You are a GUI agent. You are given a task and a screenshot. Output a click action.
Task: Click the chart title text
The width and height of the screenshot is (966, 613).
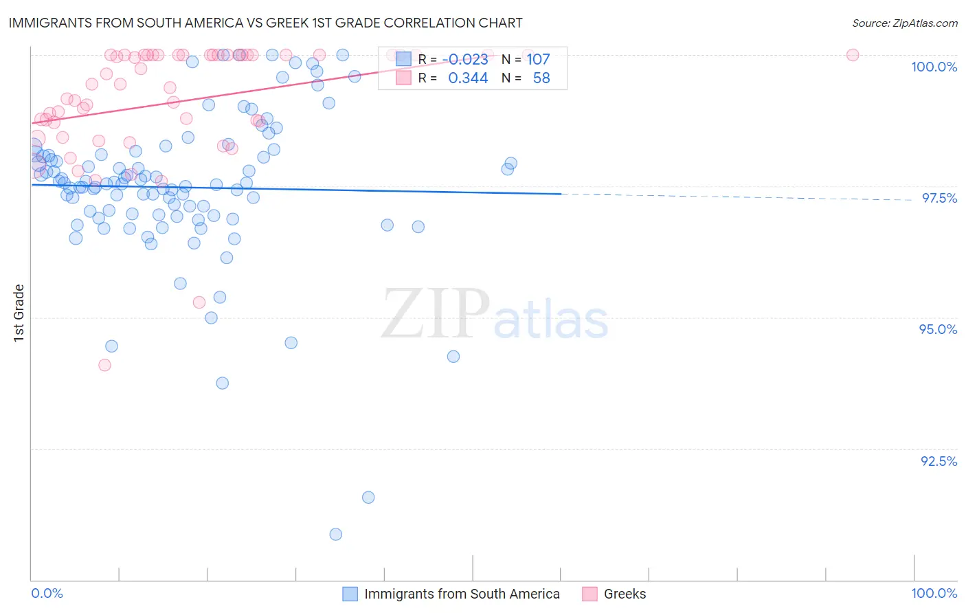tap(265, 23)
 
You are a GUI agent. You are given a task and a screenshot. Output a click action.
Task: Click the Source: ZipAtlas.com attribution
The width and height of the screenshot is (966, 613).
tap(904, 23)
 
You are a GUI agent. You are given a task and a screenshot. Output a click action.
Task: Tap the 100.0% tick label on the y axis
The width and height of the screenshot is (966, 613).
tap(934, 67)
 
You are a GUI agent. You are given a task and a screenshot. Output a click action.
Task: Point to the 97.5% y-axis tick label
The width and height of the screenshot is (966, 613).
tap(939, 198)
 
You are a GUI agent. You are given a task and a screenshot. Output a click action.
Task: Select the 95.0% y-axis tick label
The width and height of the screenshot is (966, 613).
tap(938, 329)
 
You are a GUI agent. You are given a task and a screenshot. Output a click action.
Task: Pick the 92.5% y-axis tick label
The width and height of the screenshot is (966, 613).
tap(939, 461)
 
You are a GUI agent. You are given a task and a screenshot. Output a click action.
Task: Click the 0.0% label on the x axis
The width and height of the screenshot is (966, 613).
tap(47, 593)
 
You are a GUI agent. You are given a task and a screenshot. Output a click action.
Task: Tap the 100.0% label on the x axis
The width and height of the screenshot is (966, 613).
tap(934, 593)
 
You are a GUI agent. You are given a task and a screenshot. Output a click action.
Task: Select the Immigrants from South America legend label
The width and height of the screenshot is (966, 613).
tap(462, 594)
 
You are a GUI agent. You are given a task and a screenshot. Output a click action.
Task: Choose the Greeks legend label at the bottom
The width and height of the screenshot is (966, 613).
tap(625, 594)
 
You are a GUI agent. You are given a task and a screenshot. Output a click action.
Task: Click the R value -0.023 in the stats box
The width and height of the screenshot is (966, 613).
tap(468, 60)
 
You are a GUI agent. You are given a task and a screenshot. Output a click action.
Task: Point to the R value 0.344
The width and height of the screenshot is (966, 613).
tap(468, 78)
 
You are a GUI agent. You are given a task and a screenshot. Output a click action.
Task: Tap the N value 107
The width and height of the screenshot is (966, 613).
tap(538, 60)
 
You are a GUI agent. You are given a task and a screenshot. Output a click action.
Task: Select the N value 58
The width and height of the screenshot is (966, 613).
tap(541, 78)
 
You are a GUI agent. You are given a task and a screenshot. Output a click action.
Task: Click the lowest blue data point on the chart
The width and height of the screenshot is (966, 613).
tap(335, 534)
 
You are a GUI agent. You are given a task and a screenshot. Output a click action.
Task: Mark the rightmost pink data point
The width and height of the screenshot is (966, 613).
tap(852, 55)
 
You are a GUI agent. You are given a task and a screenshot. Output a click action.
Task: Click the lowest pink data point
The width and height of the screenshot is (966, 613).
tap(104, 365)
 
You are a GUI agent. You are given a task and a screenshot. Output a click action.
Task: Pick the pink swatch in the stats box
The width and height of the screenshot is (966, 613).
tap(403, 78)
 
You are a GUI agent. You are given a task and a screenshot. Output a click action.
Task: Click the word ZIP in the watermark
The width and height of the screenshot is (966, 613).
tap(435, 314)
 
